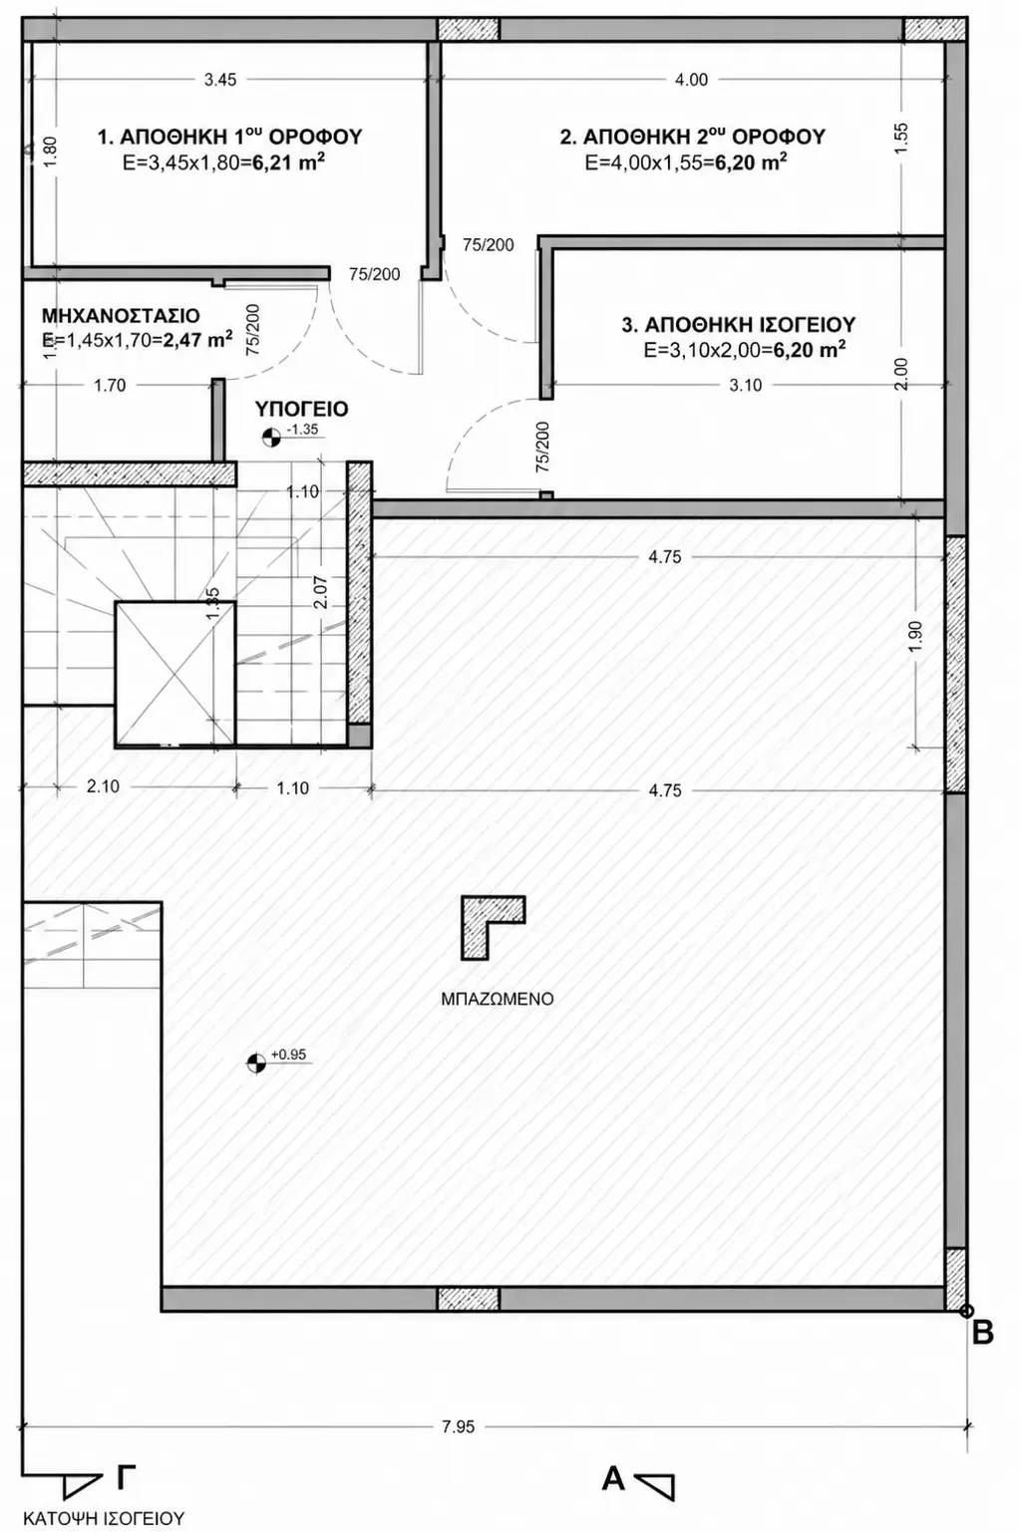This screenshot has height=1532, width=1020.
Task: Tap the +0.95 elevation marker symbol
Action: click(256, 1063)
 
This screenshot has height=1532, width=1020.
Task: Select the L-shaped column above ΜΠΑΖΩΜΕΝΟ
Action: click(493, 927)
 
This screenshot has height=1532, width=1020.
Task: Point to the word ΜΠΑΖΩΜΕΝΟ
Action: click(498, 999)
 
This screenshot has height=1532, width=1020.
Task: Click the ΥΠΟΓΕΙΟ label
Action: click(302, 409)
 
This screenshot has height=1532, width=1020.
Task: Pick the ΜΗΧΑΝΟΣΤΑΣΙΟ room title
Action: click(121, 315)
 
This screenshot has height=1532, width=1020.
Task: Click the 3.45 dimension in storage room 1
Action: click(220, 80)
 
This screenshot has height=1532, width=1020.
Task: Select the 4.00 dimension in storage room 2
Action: click(692, 80)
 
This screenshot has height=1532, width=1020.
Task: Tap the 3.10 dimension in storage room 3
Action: click(745, 385)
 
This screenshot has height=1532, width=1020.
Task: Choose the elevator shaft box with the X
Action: click(174, 673)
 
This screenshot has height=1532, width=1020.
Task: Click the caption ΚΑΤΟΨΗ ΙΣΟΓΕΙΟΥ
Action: click(104, 1518)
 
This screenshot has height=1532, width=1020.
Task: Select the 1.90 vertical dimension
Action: click(917, 637)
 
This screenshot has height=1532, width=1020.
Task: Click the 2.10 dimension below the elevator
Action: click(103, 786)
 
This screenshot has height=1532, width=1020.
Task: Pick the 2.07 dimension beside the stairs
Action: click(320, 592)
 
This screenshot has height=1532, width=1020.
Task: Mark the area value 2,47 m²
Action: click(197, 340)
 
